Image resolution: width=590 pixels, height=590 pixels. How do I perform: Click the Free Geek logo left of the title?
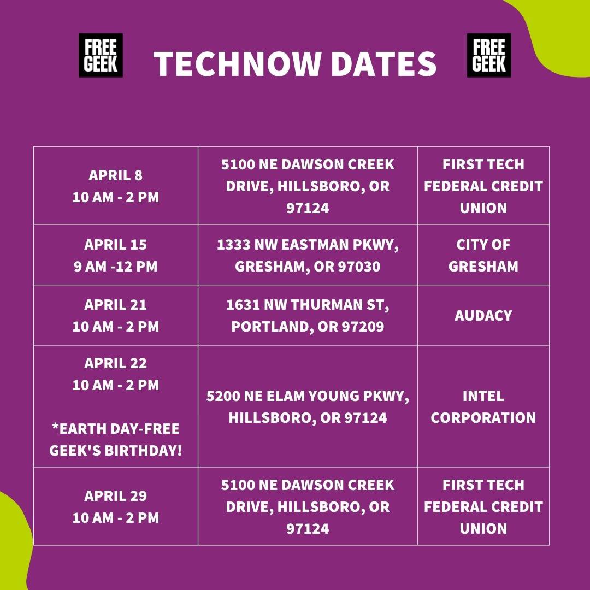click(x=101, y=55)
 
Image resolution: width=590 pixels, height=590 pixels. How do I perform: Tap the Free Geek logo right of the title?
click(x=489, y=55)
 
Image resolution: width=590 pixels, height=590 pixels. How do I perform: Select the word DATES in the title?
click(x=383, y=64)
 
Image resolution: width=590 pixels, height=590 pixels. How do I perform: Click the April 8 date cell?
click(x=116, y=186)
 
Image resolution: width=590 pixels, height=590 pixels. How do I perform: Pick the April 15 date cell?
click(x=116, y=255)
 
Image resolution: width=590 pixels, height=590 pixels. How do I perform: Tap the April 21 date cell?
click(x=116, y=315)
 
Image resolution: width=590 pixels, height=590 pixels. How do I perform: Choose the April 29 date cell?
click(x=116, y=506)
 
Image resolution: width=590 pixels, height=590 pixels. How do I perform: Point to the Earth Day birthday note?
click(x=116, y=439)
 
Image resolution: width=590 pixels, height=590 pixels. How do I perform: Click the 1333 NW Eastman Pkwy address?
click(x=308, y=255)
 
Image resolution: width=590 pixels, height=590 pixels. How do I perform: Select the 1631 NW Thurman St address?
click(x=308, y=315)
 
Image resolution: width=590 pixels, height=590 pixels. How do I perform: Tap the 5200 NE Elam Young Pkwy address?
click(x=308, y=406)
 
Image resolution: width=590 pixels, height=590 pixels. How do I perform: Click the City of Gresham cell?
click(x=483, y=255)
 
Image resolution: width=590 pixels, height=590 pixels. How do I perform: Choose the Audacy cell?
click(x=483, y=315)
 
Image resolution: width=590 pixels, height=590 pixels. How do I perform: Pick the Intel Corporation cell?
click(x=483, y=406)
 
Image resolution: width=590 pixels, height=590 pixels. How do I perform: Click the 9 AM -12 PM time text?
click(x=116, y=267)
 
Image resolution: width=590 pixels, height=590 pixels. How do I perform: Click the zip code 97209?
click(x=362, y=327)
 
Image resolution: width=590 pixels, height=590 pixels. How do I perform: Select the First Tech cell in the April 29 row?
click(x=483, y=506)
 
